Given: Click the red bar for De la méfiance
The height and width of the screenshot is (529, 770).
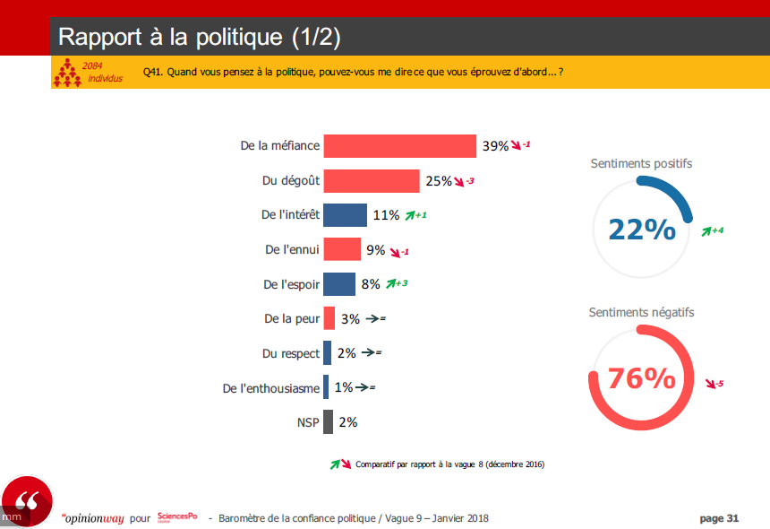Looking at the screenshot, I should coord(399,146).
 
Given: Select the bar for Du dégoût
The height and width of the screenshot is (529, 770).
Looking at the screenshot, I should coord(371,180).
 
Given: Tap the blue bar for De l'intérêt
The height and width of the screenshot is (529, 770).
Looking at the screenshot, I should coord(345,215).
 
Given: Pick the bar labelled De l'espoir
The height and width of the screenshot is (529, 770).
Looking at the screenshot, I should coord(338,284).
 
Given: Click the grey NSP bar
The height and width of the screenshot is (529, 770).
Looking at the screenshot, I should coord(328,421).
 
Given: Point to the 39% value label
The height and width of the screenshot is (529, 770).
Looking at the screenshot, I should coord(495,146).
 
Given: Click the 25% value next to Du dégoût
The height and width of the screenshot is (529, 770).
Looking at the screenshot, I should coord(439,180).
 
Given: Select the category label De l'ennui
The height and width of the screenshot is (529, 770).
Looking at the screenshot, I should coord(292,249).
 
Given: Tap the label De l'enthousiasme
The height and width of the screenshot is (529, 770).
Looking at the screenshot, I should coord(270,388).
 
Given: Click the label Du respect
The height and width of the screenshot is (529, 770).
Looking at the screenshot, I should coord(291,353).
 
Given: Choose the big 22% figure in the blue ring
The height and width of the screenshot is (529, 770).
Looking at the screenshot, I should coord(642,230).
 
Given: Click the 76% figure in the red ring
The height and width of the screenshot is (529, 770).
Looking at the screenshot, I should coord(641,378).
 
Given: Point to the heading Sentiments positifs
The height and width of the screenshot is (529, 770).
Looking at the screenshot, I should coord(641,164).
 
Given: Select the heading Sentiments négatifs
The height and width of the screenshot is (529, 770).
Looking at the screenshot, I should coord(641,313).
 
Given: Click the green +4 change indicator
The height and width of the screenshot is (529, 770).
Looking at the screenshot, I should coord(713,230).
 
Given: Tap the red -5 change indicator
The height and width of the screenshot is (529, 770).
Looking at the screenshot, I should coord(714,385).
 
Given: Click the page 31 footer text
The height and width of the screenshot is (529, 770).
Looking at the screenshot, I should coord(719,518).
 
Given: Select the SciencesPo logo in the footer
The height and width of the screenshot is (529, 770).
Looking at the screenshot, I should coord(176,517).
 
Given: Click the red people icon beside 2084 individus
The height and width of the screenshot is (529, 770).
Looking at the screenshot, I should coord(66,73).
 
